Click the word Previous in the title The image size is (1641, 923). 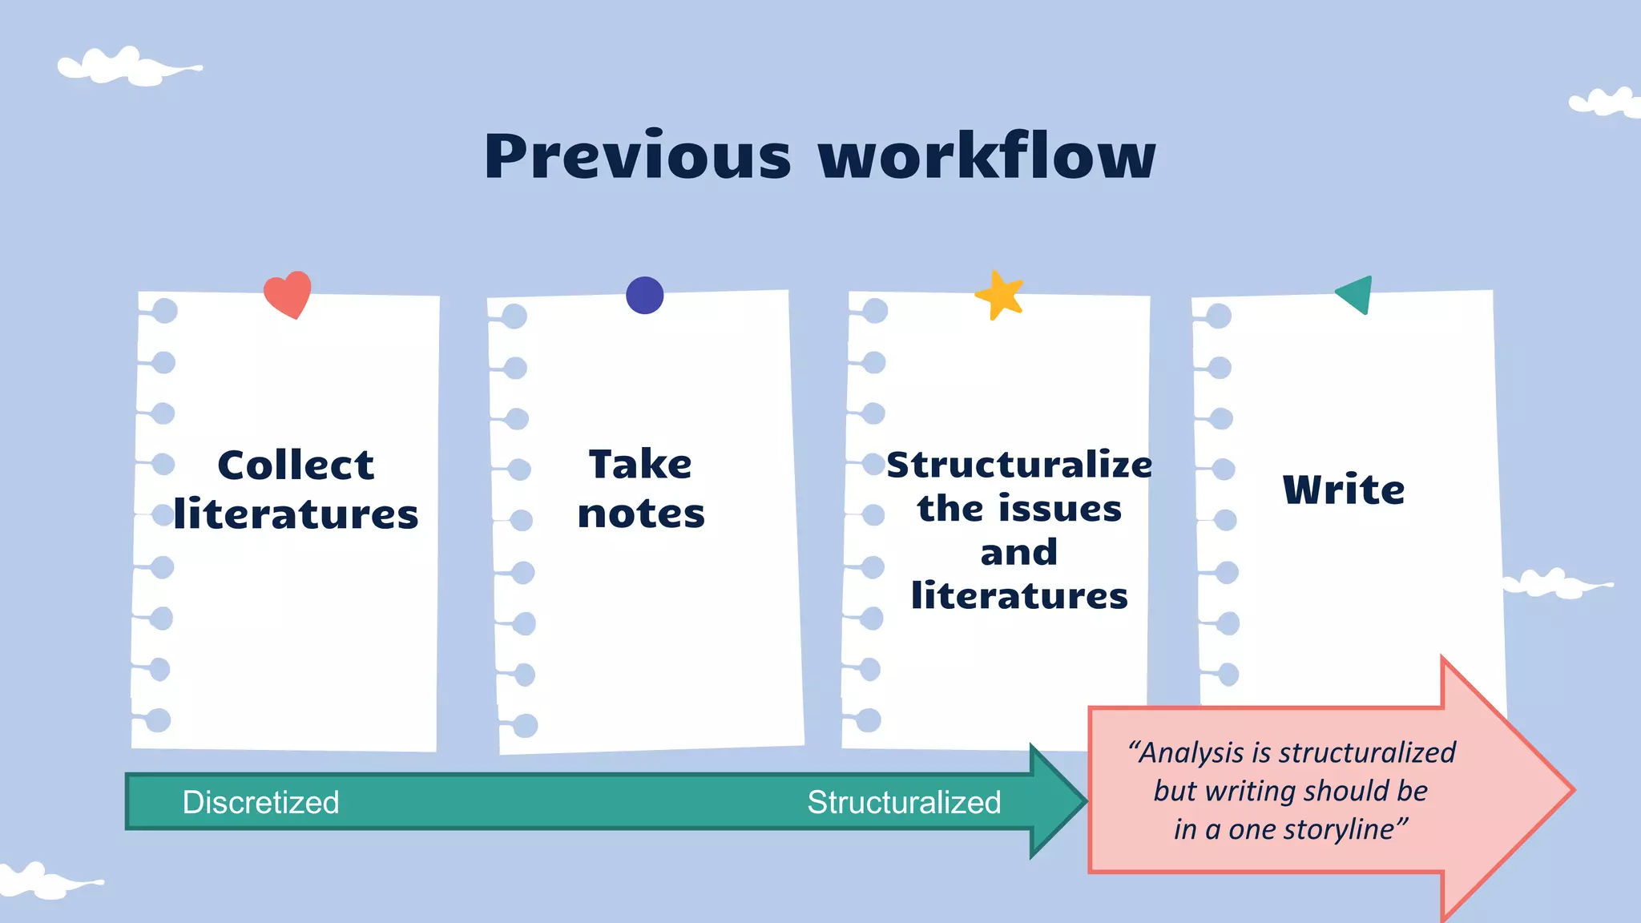coord(637,156)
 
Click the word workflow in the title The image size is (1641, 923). coord(987,156)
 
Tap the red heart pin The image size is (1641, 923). coord(288,294)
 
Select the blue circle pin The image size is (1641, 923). coord(645,295)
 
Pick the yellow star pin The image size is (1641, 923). coord(1000,296)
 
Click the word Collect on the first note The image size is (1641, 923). coord(296,466)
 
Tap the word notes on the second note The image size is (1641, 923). coord(641,514)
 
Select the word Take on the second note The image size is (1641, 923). coord(640,465)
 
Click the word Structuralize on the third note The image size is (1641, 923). coord(1019,466)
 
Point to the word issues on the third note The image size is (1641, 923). coord(1065,509)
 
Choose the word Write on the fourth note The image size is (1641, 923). coord(1344,490)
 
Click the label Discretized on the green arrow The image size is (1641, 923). coord(260,802)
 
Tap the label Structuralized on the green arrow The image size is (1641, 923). coord(904,802)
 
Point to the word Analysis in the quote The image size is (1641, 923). coord(1192,752)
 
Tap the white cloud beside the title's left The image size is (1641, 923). coord(128,67)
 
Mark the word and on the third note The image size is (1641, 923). coord(1018,553)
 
